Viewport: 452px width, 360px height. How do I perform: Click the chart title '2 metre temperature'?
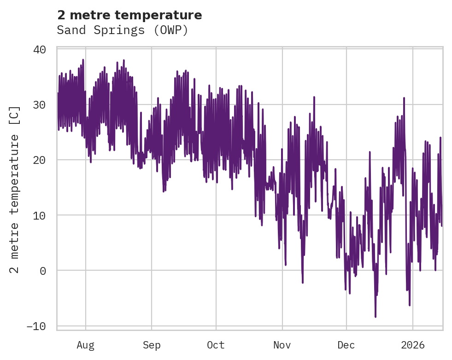coord(129,15)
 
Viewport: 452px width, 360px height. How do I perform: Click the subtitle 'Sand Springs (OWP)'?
coord(123,30)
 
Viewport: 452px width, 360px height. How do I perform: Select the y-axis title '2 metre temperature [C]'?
coord(15,189)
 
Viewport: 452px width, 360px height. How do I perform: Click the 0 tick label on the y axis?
coord(43,271)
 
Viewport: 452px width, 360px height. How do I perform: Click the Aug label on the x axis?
coord(85,345)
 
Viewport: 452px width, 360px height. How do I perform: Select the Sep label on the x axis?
coord(151,345)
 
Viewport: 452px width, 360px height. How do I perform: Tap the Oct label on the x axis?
coord(216,345)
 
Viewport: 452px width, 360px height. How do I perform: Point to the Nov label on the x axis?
coord(282,345)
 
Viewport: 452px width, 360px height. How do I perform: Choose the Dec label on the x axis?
coord(346,345)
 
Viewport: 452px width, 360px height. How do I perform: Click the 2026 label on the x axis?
coord(412,345)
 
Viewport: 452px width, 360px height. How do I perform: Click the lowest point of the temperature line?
coord(376,317)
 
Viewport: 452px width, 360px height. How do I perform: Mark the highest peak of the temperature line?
coord(83,59)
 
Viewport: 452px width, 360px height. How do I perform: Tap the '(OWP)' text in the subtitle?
coord(172,30)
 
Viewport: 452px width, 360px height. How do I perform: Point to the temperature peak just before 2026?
coord(404,98)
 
